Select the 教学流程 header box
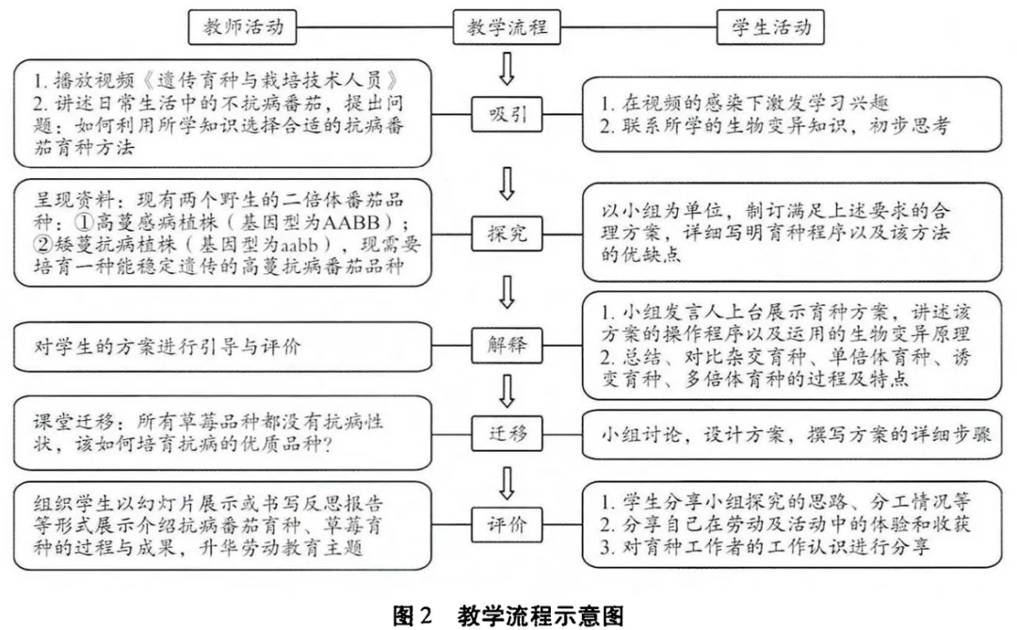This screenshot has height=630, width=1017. (507, 27)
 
